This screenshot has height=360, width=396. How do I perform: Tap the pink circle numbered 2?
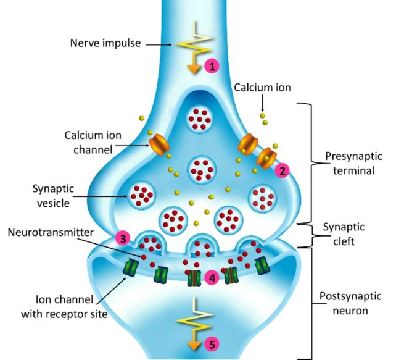click(283, 171)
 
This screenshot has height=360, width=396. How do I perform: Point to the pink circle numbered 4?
click(212, 278)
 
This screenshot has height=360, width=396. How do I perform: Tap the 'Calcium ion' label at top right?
click(262, 88)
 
